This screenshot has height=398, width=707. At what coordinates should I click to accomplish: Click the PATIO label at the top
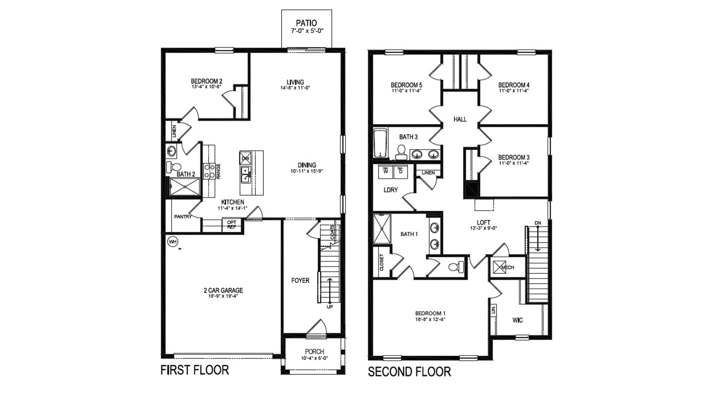pos(306,23)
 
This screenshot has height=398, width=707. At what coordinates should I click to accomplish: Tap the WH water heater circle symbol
pos(172,241)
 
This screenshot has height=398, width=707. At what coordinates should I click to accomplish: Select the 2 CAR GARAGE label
pos(223,291)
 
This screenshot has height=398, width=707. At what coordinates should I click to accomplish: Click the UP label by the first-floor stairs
pos(330,306)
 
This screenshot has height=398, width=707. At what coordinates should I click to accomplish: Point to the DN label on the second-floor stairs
pos(537,223)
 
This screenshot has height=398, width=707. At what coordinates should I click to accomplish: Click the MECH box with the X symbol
pos(499,268)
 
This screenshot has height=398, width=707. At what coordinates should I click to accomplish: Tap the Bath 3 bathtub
pos(380,143)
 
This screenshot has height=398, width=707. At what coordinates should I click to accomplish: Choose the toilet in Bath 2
pos(174,167)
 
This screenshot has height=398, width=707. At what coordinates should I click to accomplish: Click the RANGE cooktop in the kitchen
pos(209,171)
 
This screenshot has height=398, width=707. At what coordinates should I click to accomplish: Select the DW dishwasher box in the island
pos(245,158)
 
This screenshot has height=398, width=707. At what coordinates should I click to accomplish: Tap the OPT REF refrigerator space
pos(232,225)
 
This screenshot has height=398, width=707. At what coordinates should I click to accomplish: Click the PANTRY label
pos(182,217)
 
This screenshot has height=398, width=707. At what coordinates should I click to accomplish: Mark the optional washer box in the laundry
pos(385,171)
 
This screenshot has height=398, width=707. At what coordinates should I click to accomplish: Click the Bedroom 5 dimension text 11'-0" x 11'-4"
pos(406,91)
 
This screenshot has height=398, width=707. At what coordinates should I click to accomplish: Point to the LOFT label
pos(483,222)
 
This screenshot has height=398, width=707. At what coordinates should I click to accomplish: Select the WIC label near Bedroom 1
pos(517,320)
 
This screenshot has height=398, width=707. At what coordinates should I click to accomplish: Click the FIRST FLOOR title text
pos(194,370)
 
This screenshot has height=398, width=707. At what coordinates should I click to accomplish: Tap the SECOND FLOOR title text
pos(409,371)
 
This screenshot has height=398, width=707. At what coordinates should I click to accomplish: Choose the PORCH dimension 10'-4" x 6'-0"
pos(314,358)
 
